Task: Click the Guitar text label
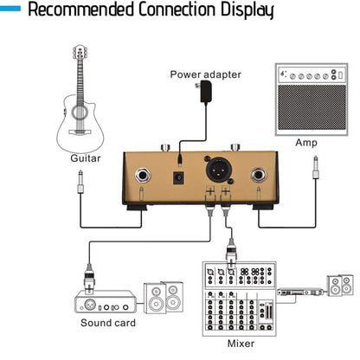85,159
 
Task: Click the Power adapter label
205,75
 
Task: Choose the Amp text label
306,143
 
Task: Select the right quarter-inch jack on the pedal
260,176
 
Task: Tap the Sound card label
108,323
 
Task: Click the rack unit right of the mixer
300,292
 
